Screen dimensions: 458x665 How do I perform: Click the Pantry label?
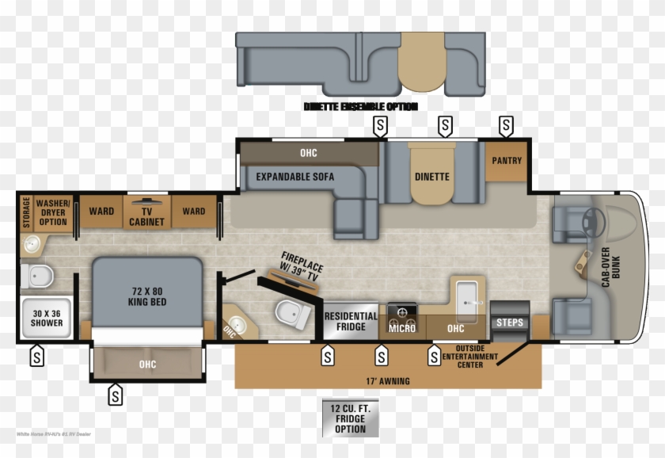tap(507, 161)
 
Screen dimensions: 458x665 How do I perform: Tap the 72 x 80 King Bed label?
tap(147, 296)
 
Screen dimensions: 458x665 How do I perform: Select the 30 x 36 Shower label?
tap(47, 318)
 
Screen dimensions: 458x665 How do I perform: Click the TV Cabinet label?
tap(147, 216)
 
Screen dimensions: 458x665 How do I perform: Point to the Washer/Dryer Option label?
tap(53, 212)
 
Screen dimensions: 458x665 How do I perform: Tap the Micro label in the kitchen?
tap(401, 327)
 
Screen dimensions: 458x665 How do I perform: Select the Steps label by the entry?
tap(509, 323)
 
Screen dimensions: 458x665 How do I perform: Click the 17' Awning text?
tap(388, 381)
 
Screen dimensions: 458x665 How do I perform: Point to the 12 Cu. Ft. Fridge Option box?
tap(350, 418)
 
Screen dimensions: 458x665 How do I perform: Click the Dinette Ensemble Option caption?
tap(360, 106)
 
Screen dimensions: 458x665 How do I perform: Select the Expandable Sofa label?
tap(294, 177)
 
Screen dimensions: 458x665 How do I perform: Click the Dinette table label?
tap(431, 177)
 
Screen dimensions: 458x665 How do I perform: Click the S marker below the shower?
tap(37, 357)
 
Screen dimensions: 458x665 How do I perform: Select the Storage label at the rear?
tap(26, 212)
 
